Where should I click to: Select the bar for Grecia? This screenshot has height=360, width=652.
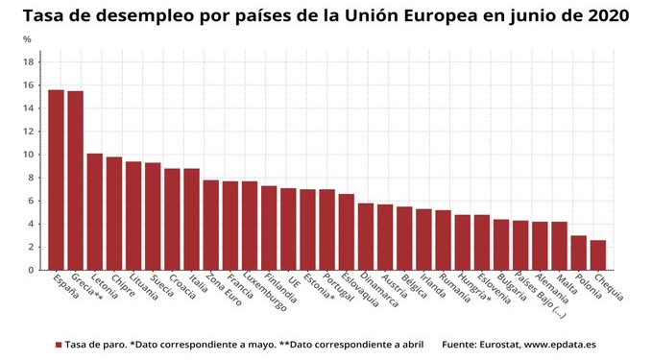tap(76, 180)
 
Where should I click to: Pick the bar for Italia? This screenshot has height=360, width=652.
tap(192, 220)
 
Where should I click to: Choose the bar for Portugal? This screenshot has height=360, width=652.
tap(327, 230)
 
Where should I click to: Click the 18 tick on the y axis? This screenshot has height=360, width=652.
tap(30, 62)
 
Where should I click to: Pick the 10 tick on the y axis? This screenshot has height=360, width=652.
tap(30, 155)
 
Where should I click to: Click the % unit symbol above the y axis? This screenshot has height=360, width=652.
tap(27, 38)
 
